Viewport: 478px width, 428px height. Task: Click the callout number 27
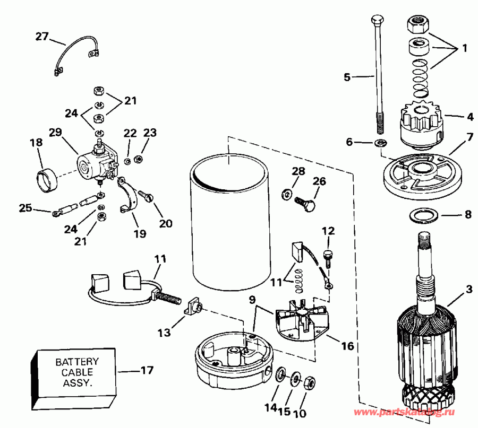[42, 37]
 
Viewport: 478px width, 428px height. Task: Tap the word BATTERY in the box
[77, 362]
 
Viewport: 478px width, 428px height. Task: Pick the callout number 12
[329, 231]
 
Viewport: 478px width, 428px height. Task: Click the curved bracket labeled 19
[127, 199]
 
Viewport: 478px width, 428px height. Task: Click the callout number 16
[347, 346]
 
